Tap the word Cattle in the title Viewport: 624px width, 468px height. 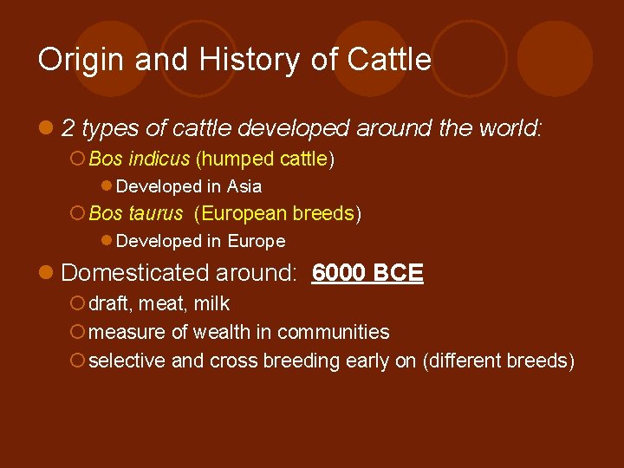point(388,60)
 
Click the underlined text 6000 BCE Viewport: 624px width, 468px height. point(367,273)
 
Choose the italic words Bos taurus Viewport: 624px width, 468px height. point(136,213)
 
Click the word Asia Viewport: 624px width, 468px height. point(244,186)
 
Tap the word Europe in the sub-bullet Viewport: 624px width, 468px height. point(257,241)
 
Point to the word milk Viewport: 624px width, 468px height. point(212,303)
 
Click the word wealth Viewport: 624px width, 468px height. point(216,332)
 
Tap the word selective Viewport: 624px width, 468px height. point(128,361)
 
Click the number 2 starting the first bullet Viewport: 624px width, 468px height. point(68,129)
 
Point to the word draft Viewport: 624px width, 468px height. point(109,303)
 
